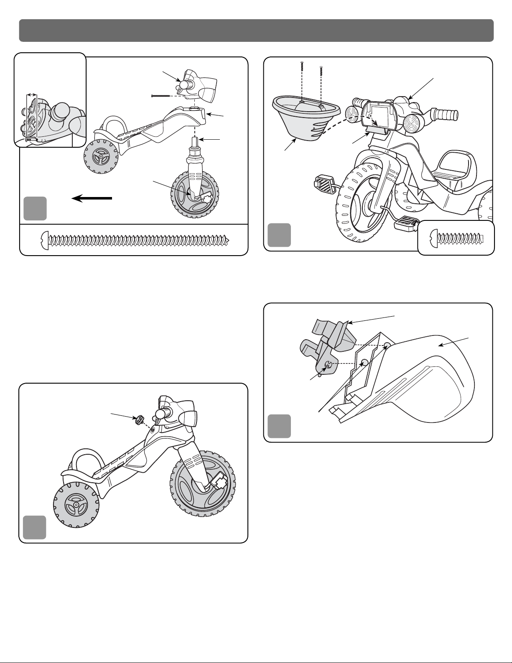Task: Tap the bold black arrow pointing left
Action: (92, 198)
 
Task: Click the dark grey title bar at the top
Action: (256, 30)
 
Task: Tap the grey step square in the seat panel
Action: (279, 426)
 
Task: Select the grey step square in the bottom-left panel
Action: (35, 527)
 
